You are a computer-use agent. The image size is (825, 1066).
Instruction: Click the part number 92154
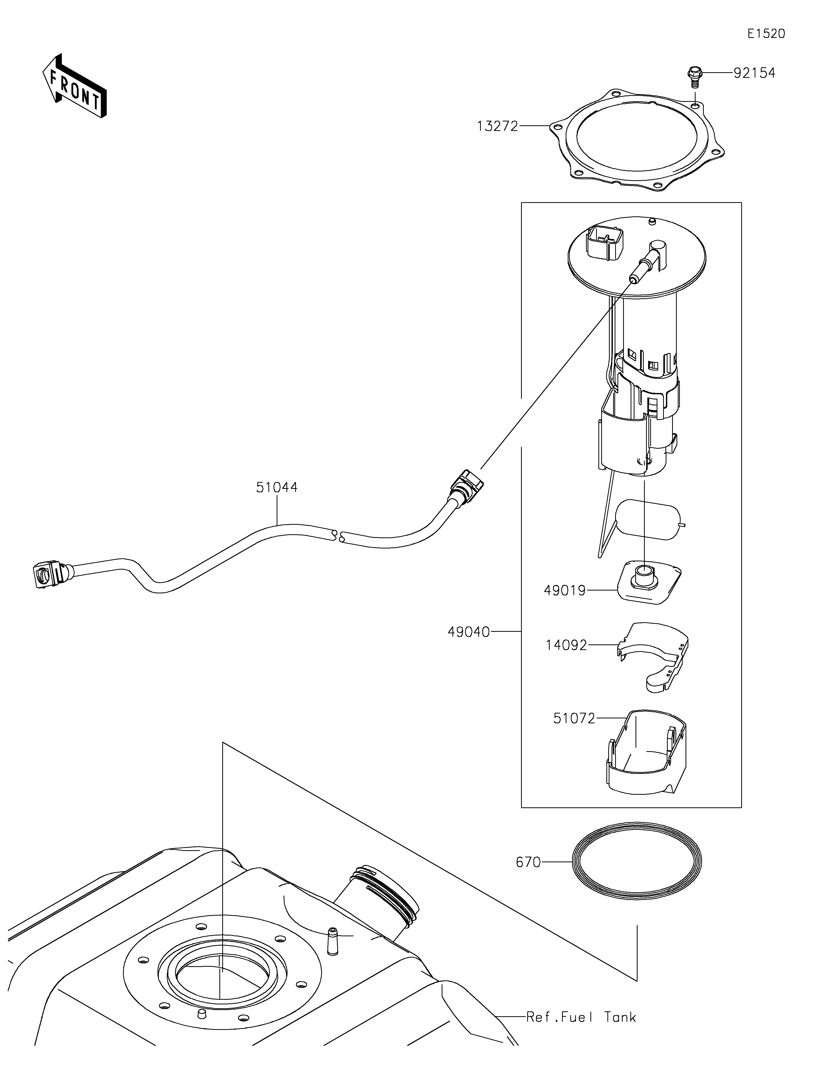tap(754, 73)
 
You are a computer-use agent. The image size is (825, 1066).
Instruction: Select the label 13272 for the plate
tap(497, 126)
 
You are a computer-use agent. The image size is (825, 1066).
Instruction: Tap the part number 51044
tap(277, 487)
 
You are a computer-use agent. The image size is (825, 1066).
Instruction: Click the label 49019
tap(564, 591)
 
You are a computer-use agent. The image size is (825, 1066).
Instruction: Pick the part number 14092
tap(566, 645)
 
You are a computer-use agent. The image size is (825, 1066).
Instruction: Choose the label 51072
tap(574, 718)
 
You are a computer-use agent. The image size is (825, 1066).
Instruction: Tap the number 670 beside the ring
tap(528, 863)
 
